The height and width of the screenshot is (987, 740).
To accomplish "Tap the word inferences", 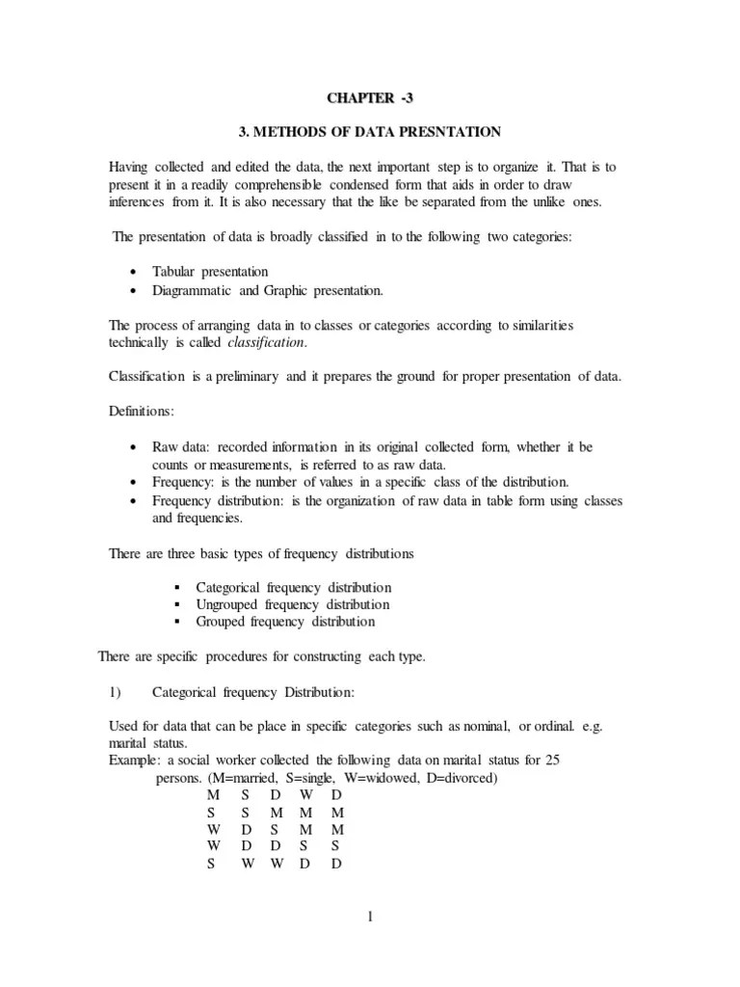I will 140,201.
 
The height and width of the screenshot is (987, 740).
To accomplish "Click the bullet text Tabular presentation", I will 210,272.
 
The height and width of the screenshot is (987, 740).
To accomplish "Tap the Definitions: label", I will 141,413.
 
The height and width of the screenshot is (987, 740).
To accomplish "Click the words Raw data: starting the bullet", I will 183,447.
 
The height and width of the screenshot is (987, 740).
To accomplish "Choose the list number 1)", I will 116,692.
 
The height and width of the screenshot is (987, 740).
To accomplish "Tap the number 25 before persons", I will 552,761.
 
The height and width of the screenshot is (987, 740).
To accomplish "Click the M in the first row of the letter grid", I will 213,796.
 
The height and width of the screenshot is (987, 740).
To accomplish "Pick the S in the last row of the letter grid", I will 211,864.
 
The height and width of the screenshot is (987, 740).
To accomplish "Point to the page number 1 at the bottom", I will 369,917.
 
